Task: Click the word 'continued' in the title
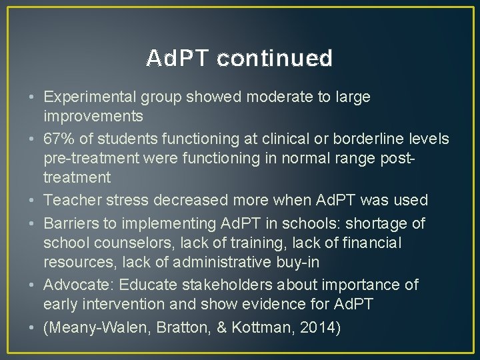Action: [x=275, y=59]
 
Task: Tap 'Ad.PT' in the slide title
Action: [x=178, y=59]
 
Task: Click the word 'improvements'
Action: [x=93, y=117]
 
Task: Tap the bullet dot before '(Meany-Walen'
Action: [x=33, y=327]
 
